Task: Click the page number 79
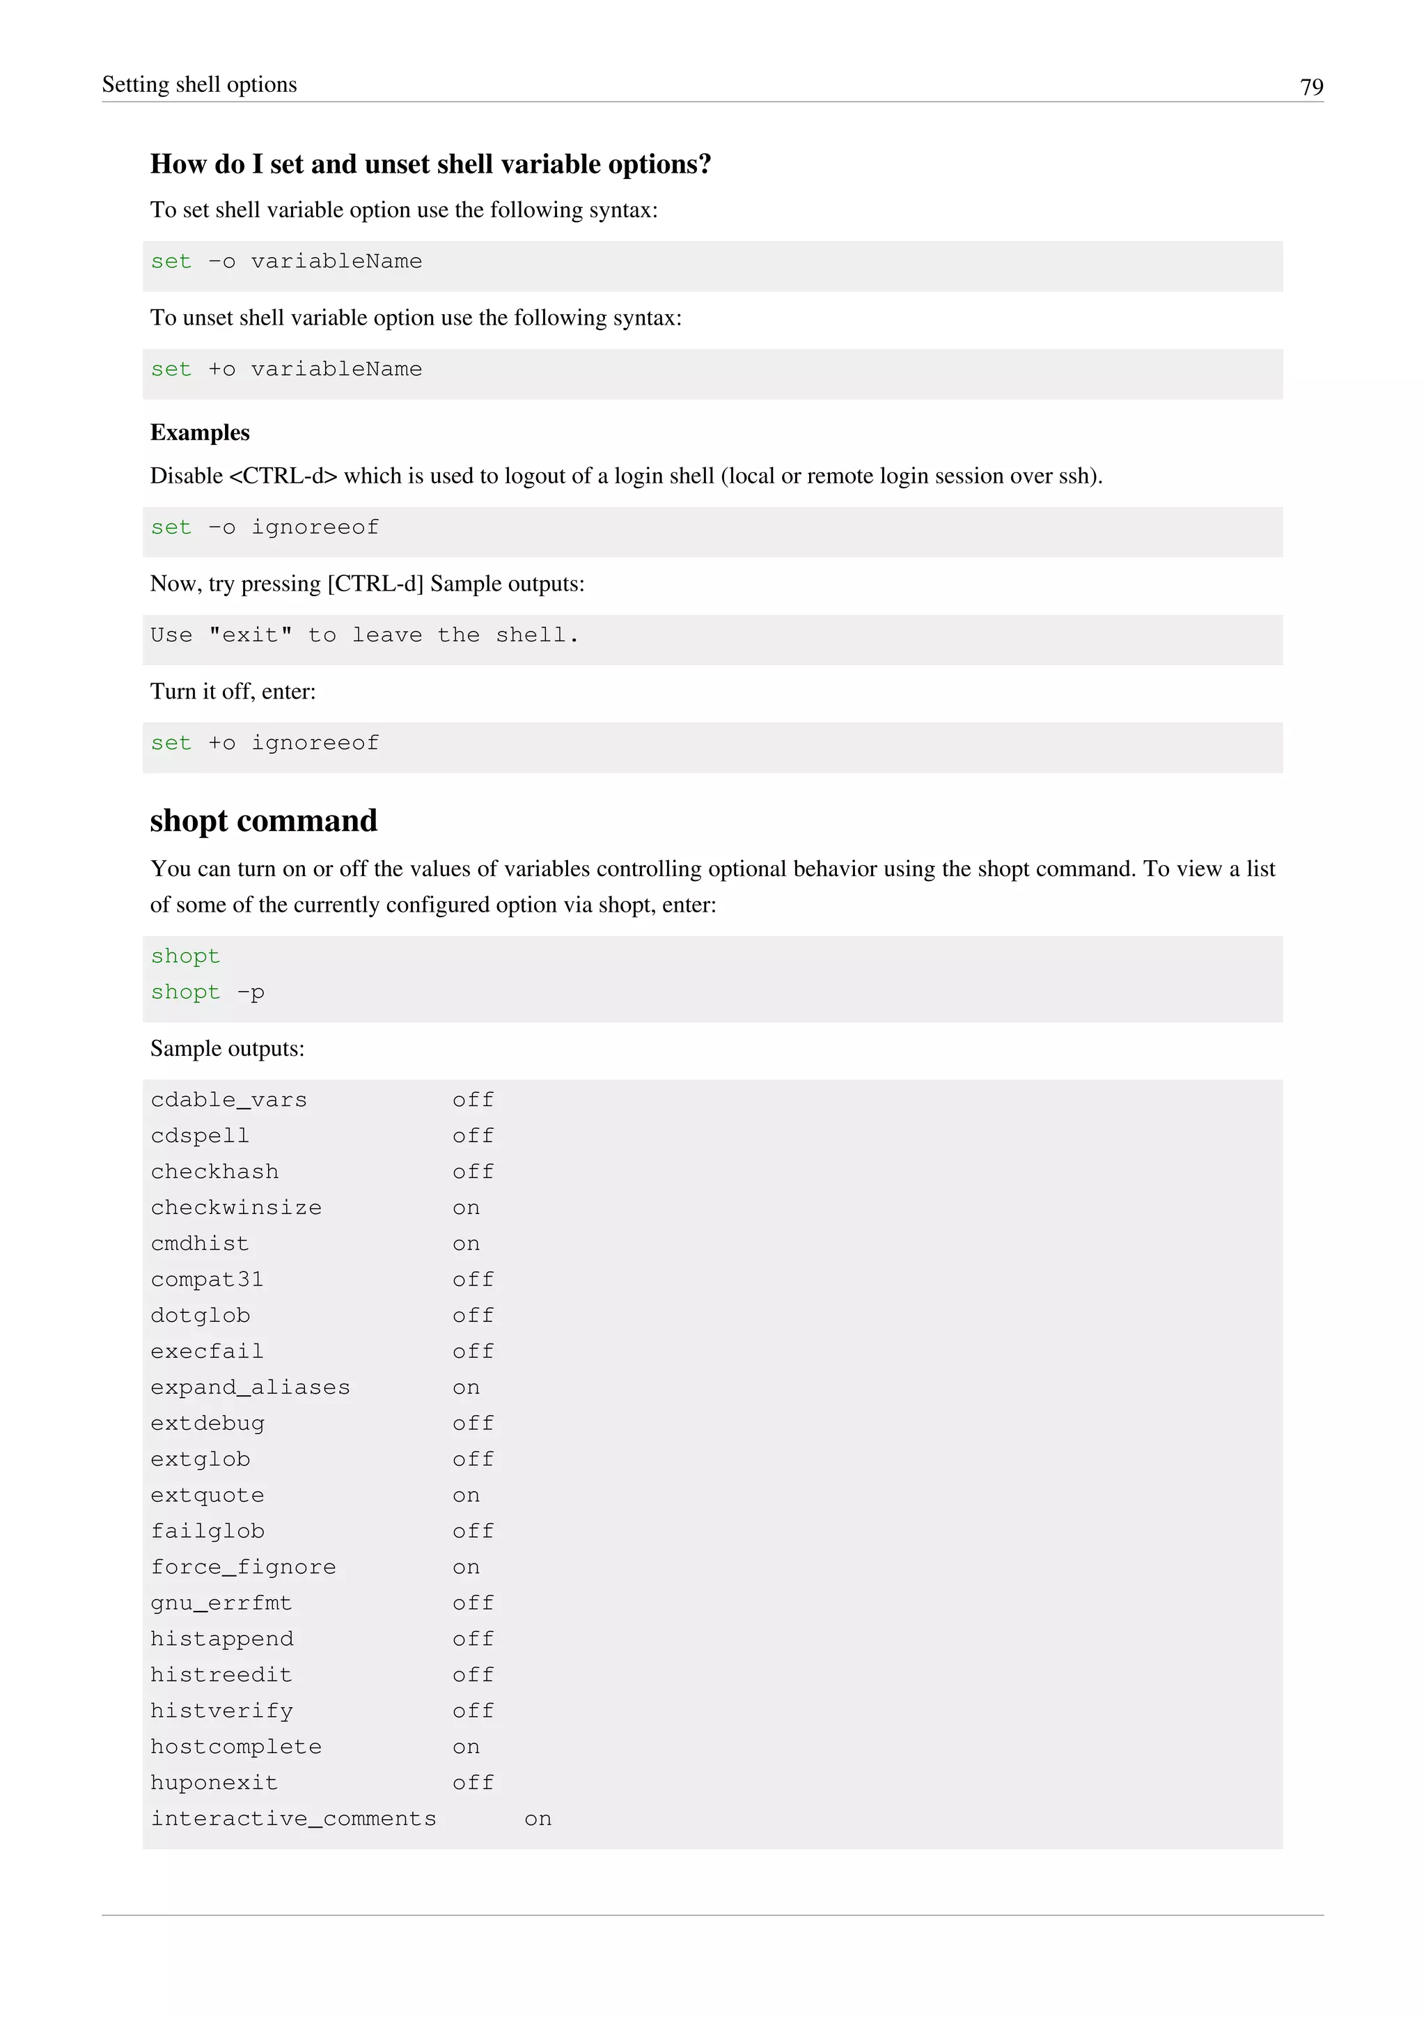point(1311,87)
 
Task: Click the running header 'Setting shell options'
point(199,84)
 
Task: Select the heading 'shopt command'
point(263,820)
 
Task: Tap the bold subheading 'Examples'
point(201,433)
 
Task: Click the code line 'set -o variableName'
point(286,262)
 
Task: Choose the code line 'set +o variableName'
point(286,370)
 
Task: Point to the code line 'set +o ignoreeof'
point(265,743)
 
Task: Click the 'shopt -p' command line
point(207,992)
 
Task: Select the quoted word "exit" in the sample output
point(250,635)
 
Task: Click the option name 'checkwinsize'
point(236,1208)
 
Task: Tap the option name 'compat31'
point(207,1280)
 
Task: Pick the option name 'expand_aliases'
point(250,1388)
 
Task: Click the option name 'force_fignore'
point(243,1567)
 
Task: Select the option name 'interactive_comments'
point(293,1819)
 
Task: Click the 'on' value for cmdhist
point(467,1244)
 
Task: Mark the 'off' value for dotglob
point(473,1316)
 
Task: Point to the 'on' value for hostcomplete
point(467,1747)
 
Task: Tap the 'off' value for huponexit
point(473,1783)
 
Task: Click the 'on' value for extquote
point(467,1495)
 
